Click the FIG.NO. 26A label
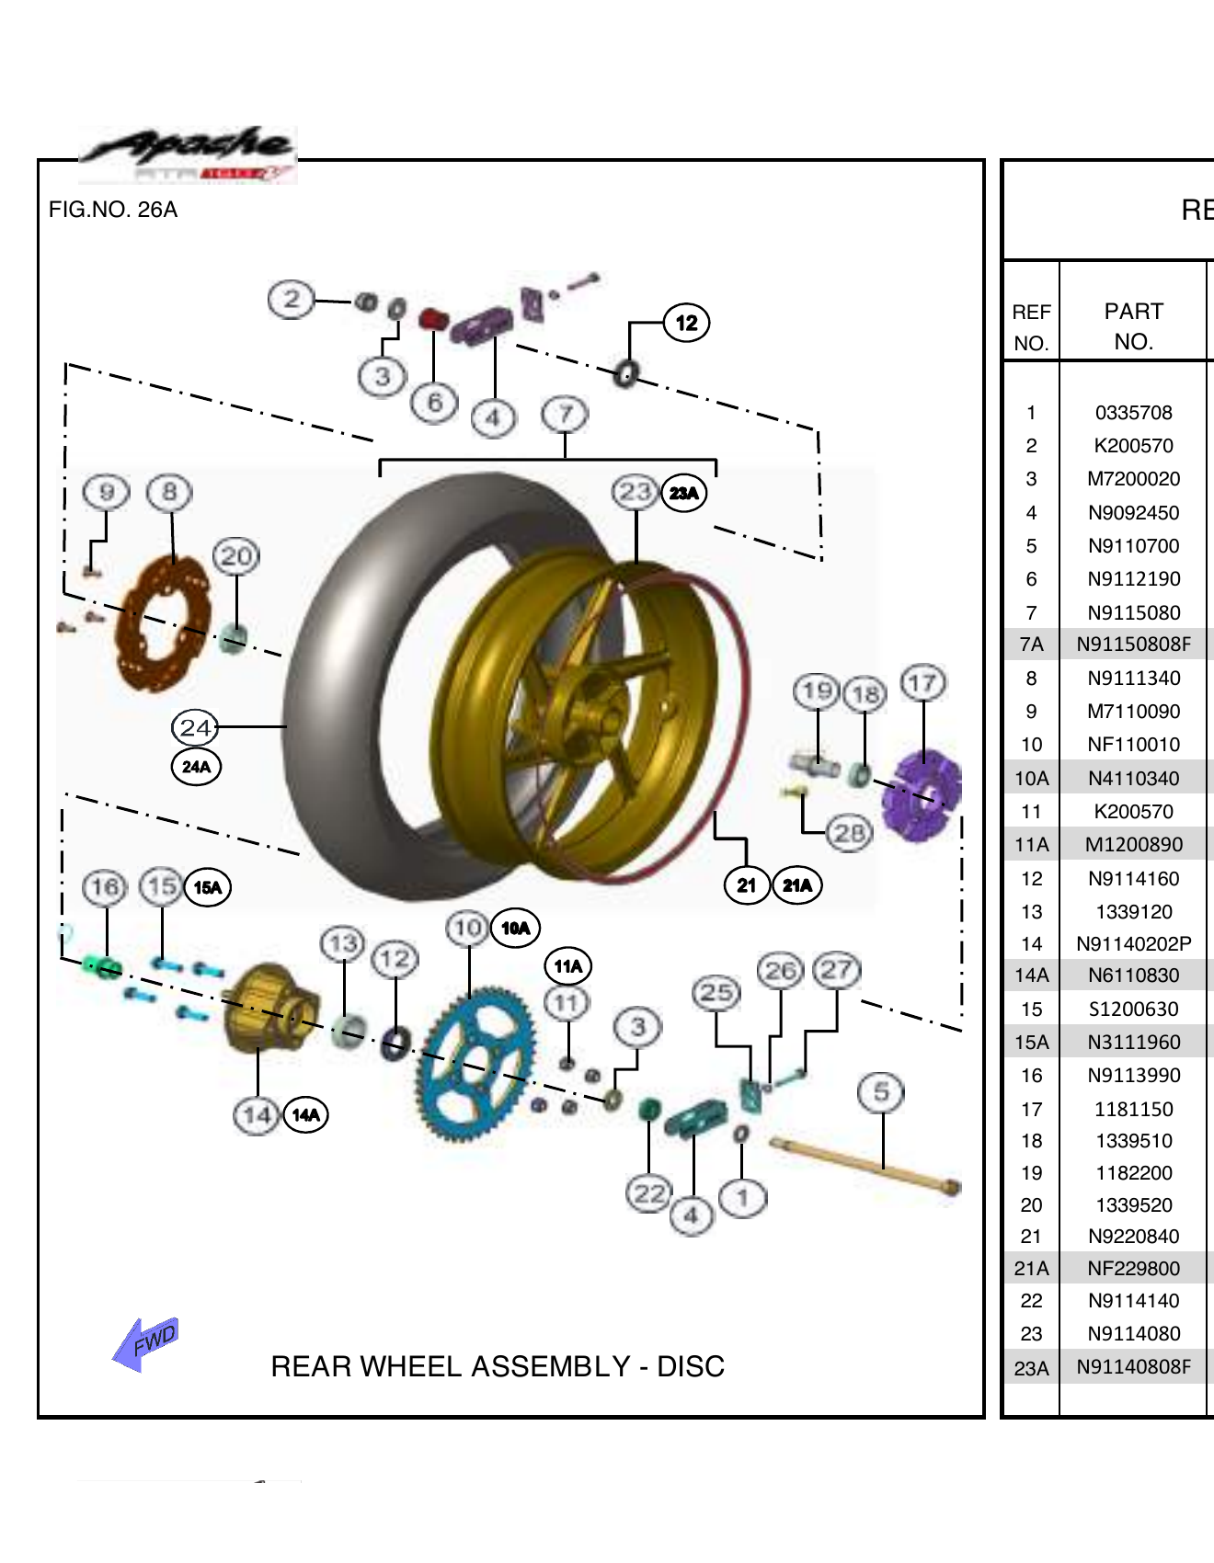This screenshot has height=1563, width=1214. tap(113, 210)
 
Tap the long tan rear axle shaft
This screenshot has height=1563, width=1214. tap(865, 1165)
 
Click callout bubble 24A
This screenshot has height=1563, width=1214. tap(196, 767)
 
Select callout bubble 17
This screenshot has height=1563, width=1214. tap(922, 683)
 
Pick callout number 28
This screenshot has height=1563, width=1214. tap(848, 833)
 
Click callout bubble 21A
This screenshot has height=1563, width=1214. tap(796, 885)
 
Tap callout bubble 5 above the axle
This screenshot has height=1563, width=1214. tap(881, 1091)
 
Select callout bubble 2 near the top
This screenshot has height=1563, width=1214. tap(292, 299)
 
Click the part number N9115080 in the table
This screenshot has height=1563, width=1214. tap(1133, 612)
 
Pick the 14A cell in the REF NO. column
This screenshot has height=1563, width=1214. tap(1031, 975)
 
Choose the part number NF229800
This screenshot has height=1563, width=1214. tap(1133, 1269)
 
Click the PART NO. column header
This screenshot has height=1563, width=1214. tap(1133, 325)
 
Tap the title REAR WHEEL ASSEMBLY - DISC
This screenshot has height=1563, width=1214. tap(498, 1366)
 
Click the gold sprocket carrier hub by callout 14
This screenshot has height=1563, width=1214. tap(269, 1008)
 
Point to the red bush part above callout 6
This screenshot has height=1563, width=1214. tap(432, 320)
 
